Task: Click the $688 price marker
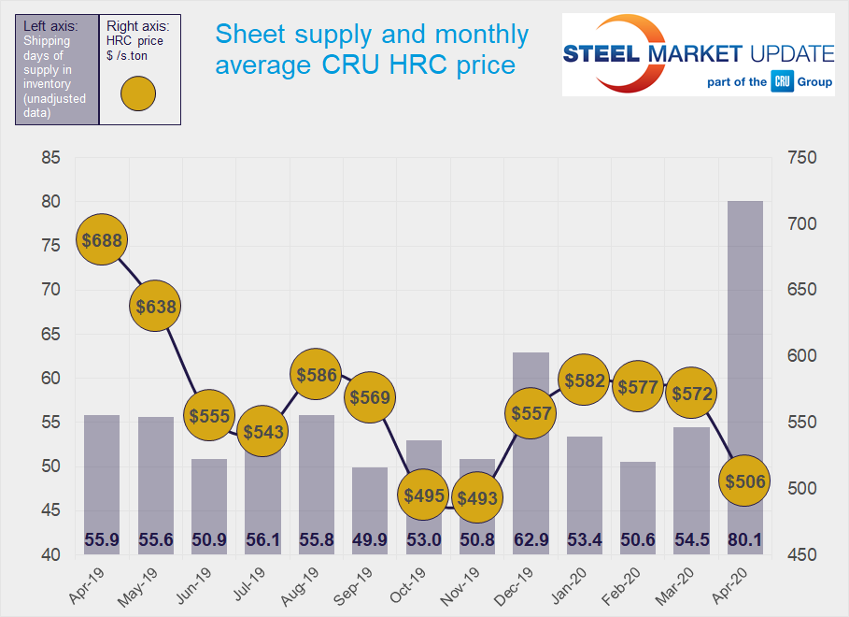tap(102, 240)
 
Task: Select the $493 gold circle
tap(478, 498)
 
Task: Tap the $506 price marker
tap(744, 481)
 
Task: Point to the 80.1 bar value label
tap(744, 540)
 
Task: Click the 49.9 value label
tap(370, 540)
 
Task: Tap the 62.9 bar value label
tap(531, 540)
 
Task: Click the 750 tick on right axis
tap(801, 158)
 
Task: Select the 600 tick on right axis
tap(801, 356)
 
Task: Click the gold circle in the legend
tap(137, 93)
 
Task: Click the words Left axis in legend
tap(50, 26)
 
